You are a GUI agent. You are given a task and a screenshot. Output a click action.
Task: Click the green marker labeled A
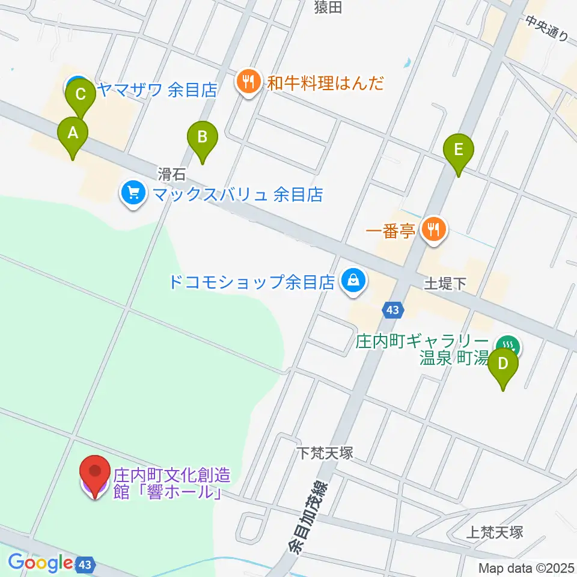73,133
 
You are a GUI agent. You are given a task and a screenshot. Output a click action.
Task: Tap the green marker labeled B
203,138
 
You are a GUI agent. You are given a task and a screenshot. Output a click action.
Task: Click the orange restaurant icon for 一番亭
433,229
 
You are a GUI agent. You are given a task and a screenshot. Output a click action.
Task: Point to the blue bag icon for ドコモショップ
353,280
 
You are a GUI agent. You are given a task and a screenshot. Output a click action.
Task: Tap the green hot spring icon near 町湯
509,346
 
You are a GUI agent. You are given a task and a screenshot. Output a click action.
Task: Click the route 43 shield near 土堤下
393,310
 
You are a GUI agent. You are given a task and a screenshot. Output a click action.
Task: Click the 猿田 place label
328,7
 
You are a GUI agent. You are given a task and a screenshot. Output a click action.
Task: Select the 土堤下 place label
445,282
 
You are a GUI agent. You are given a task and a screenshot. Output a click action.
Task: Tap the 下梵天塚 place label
325,451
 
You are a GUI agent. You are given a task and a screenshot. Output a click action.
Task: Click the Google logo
40,563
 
